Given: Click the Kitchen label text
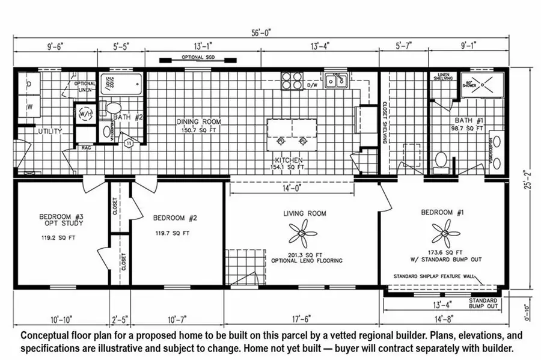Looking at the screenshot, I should click(288, 160).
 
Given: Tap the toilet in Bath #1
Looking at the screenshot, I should click(441, 161).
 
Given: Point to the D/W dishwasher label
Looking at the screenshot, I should click(312, 86).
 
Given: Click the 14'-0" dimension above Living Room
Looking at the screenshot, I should click(303, 188).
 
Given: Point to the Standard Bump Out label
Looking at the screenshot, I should click(483, 304).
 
